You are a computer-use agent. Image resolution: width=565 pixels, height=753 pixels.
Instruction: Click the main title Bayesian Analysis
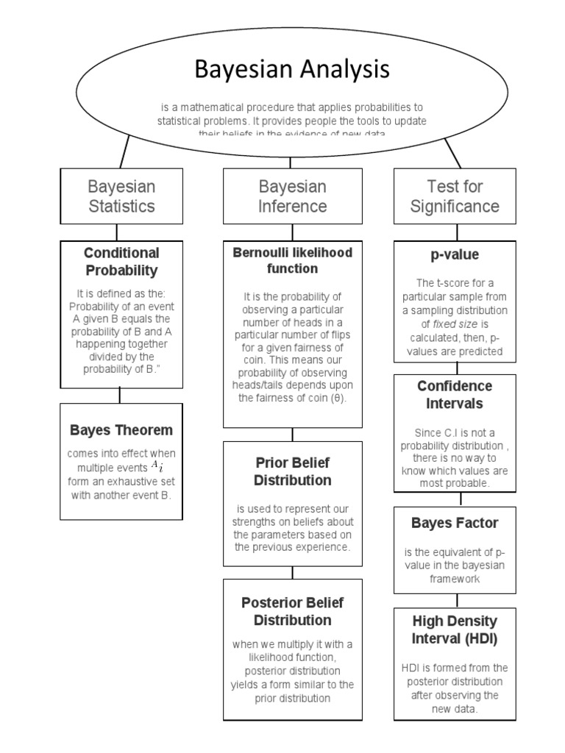coord(291,70)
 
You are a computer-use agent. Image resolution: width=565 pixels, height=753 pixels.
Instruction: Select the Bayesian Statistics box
coord(121,196)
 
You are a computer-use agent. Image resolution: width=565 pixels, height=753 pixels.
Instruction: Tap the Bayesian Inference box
coord(292,196)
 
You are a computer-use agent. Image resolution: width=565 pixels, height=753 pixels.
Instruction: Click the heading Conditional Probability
coord(121,262)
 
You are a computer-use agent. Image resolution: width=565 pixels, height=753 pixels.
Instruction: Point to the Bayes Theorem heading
coord(121,430)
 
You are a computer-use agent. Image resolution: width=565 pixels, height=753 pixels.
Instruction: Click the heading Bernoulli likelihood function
coord(292,260)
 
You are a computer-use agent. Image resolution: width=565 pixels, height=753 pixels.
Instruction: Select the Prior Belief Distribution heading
coord(292,471)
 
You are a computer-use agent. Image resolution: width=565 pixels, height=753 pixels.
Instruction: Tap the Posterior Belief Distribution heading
coord(292,611)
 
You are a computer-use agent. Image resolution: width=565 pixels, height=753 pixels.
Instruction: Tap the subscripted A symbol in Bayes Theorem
coord(157,465)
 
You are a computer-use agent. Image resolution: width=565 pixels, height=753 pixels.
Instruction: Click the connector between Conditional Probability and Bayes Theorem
coord(120,396)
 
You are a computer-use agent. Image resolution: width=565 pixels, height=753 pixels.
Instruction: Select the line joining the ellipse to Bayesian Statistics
coord(126,151)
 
